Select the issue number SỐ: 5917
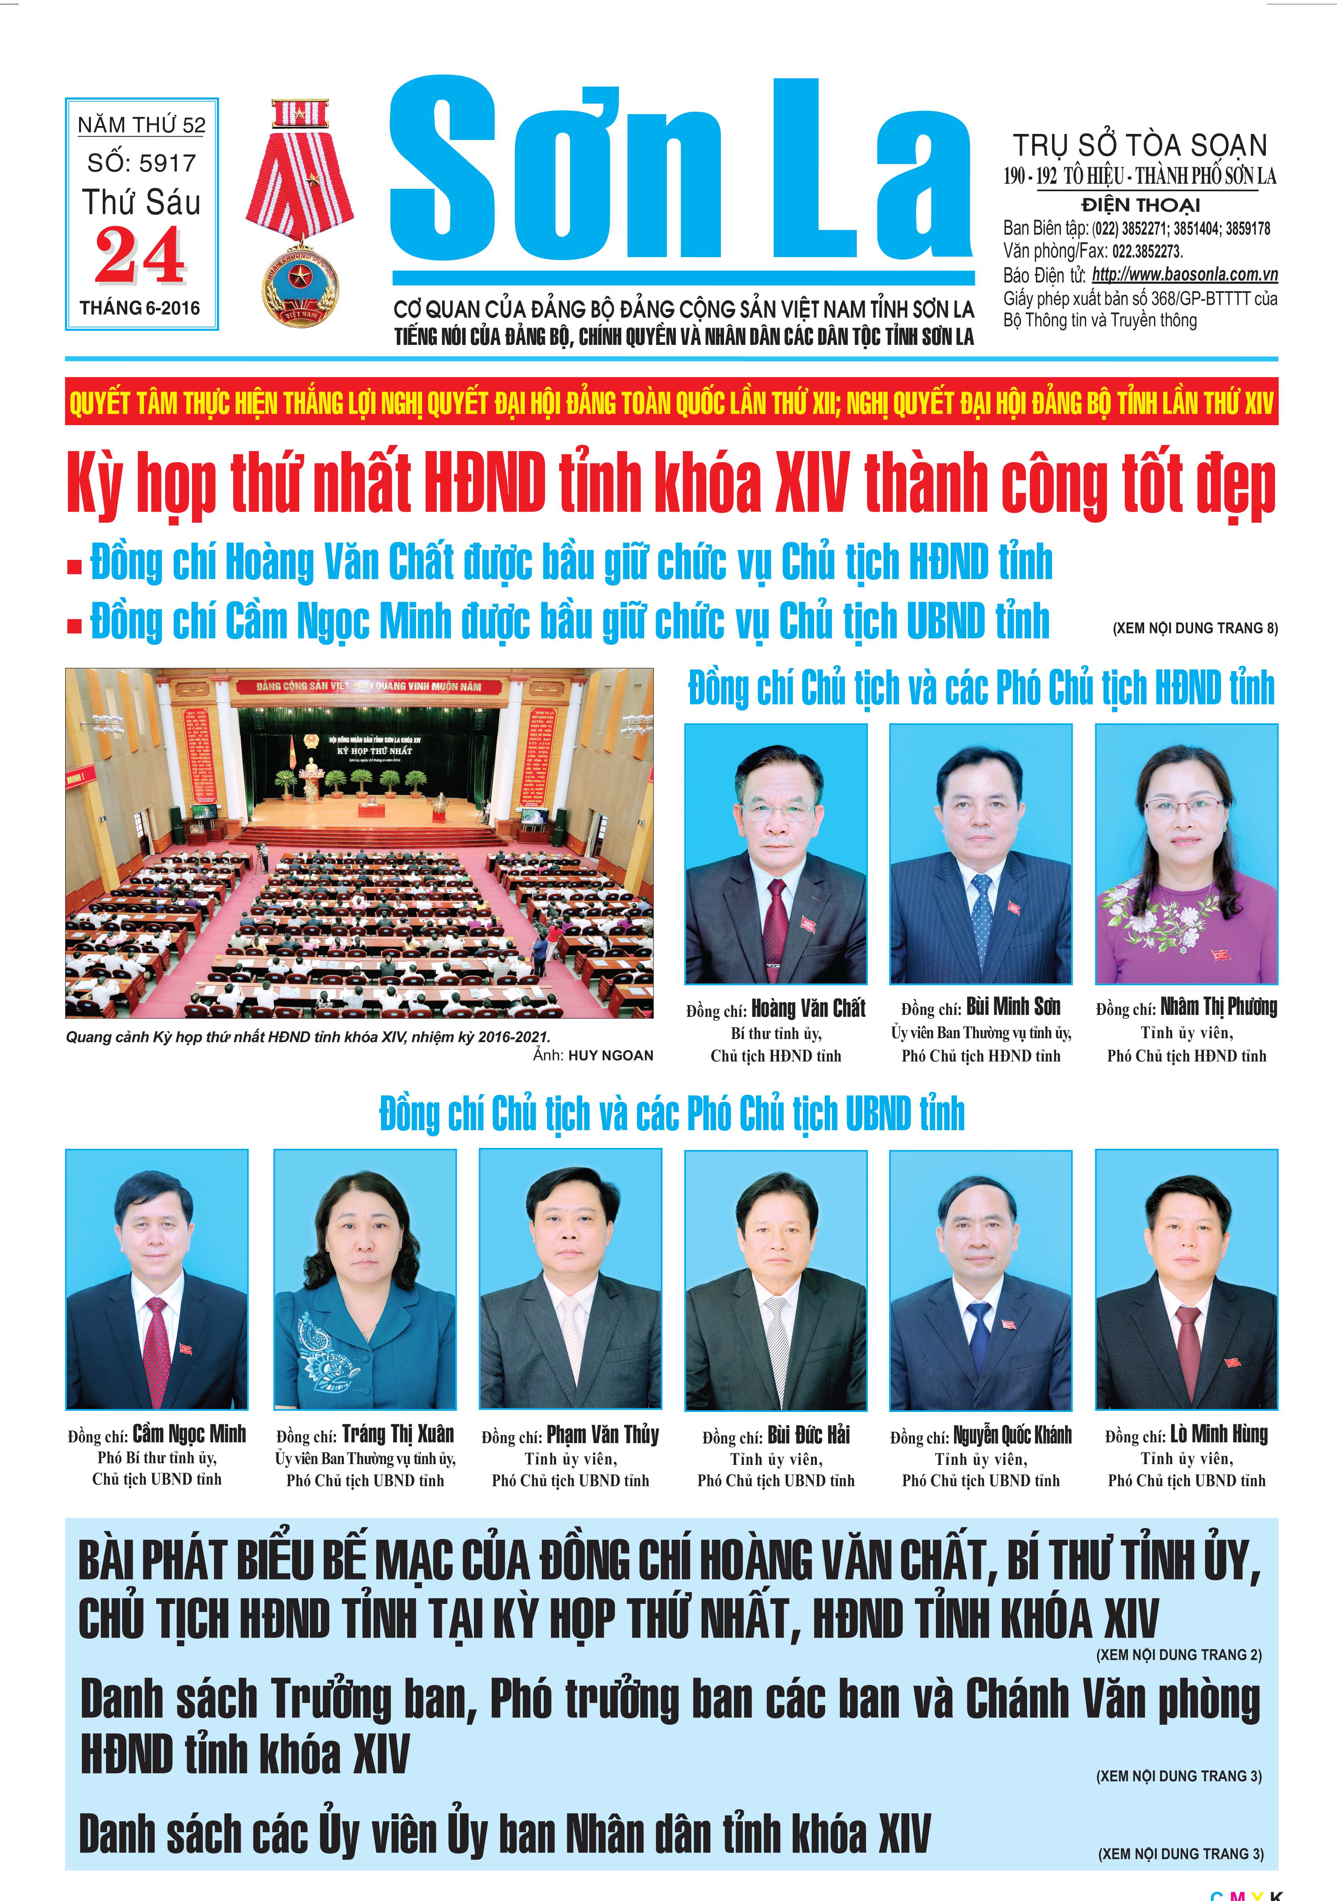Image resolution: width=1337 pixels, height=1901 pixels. pyautogui.click(x=141, y=163)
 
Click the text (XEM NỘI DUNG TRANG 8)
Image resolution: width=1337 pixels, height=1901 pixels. pyautogui.click(x=1194, y=629)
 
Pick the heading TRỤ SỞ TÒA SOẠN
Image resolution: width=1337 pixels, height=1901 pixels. pyautogui.click(x=1140, y=146)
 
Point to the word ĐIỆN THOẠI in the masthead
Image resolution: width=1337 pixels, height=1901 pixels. pyautogui.click(x=1140, y=205)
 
